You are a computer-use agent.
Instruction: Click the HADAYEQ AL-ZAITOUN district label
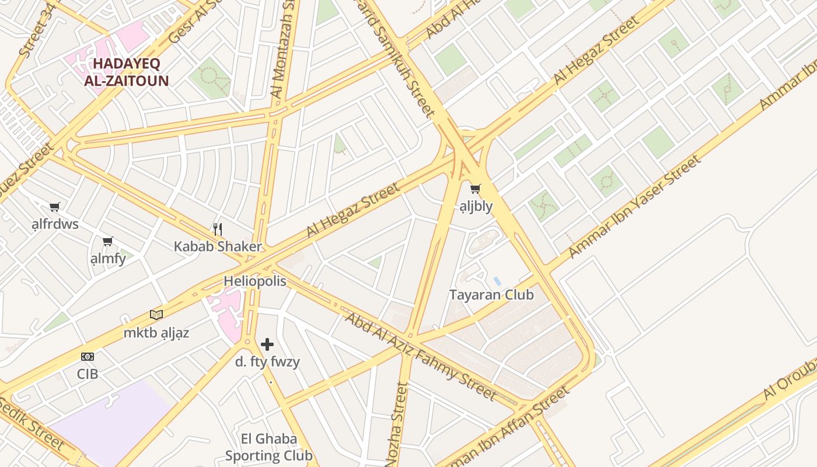pos(126,72)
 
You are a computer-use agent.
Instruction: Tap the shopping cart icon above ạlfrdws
pos(55,207)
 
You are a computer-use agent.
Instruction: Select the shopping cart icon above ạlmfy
pos(107,241)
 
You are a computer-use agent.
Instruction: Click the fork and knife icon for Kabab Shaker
pos(218,229)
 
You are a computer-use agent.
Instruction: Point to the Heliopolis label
pos(255,281)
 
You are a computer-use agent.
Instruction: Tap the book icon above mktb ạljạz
pos(156,315)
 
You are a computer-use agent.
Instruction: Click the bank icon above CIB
pos(88,357)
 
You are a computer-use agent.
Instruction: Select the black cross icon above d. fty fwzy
pos(267,344)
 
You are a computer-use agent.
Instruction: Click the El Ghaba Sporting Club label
pos(269,447)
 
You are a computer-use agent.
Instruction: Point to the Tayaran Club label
pos(491,295)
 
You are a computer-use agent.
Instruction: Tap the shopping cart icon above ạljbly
pos(476,189)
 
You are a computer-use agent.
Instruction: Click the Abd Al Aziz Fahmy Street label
pos(420,356)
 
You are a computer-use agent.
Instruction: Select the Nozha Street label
pos(397,423)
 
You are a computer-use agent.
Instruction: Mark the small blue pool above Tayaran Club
pos(497,281)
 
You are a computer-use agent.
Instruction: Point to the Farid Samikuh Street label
pos(403,58)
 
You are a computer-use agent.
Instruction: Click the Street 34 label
pos(34,35)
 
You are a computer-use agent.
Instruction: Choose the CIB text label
pos(88,374)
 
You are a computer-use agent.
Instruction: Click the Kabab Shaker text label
pos(218,246)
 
